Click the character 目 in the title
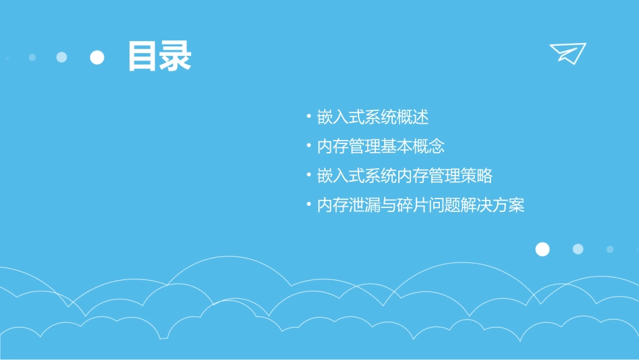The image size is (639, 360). (x=143, y=57)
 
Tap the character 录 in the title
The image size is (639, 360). (x=176, y=57)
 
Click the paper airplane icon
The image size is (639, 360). (x=567, y=52)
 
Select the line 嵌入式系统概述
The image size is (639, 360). (x=373, y=117)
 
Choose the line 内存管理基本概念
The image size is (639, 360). (x=381, y=147)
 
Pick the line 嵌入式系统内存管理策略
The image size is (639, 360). (x=405, y=176)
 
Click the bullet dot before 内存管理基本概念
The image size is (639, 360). (x=309, y=145)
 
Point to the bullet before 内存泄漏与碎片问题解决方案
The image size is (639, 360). (x=309, y=205)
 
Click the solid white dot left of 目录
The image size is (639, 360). (x=98, y=57)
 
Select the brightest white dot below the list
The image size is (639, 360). (x=542, y=250)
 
